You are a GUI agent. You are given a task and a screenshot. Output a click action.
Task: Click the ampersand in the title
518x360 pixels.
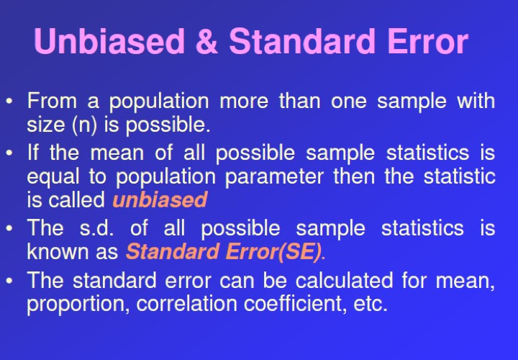(206, 41)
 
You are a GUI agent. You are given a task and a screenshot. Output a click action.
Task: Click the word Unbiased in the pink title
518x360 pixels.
(109, 41)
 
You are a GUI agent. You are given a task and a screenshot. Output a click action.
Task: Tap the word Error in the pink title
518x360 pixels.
(428, 41)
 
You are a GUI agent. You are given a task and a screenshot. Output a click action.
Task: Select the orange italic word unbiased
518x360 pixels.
(160, 199)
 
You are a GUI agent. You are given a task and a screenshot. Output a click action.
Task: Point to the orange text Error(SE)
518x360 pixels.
(273, 251)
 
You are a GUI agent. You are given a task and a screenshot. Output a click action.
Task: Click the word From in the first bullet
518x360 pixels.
(52, 101)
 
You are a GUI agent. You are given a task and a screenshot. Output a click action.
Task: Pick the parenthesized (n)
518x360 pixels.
(84, 125)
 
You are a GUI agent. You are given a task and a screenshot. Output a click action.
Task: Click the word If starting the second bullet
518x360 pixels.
(32, 153)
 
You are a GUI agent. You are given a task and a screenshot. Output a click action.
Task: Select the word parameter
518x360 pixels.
(274, 177)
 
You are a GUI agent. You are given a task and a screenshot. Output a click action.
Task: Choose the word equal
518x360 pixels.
(53, 177)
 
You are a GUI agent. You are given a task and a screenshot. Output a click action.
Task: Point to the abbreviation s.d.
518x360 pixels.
(97, 228)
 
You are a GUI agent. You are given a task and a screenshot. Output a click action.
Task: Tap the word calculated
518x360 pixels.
(344, 280)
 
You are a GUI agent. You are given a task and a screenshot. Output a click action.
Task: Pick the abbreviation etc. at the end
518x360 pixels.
(371, 304)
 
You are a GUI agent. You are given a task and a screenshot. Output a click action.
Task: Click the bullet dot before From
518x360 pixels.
(9, 101)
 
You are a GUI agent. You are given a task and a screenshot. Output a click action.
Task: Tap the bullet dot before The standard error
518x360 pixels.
(9, 280)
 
